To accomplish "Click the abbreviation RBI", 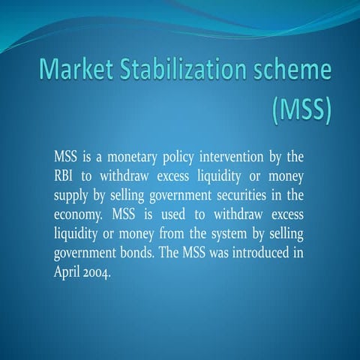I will coord(65,175).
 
